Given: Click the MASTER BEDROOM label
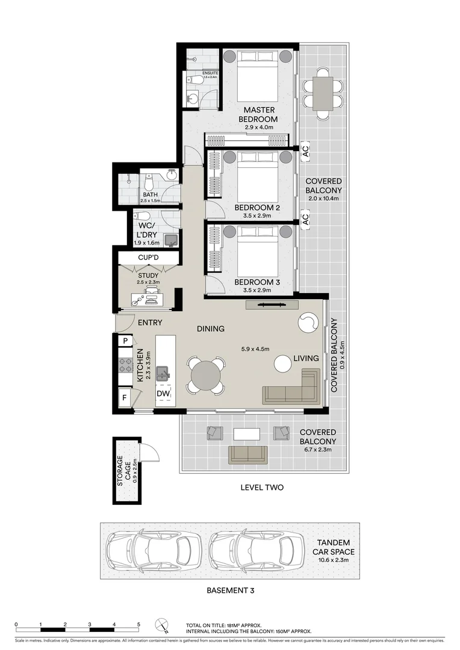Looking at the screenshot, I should click(x=260, y=114).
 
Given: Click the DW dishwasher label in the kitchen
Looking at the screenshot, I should click(x=163, y=394).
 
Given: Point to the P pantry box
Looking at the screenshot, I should click(x=125, y=341).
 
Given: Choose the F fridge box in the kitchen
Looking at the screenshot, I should click(x=125, y=398).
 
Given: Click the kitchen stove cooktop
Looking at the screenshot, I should click(x=126, y=365).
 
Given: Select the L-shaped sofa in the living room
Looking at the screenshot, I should click(x=293, y=388).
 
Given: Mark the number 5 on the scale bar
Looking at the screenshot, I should click(x=138, y=625).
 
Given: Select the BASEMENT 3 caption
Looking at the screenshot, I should click(x=230, y=590).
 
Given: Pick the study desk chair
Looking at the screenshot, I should click(x=153, y=292).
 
